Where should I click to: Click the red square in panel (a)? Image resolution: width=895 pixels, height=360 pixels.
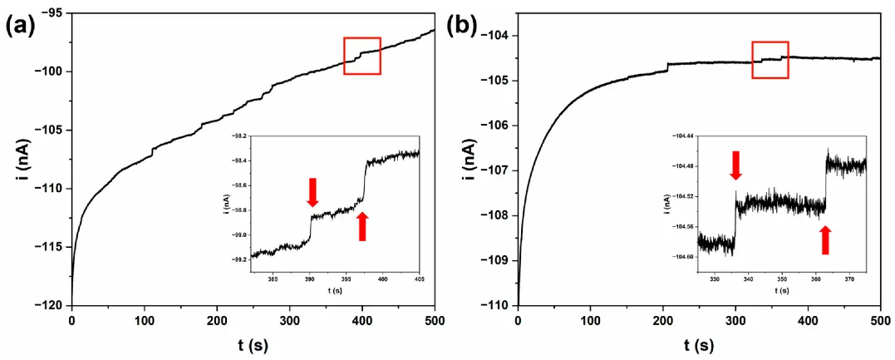point(362,56)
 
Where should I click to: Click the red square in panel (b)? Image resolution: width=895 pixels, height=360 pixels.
point(770,60)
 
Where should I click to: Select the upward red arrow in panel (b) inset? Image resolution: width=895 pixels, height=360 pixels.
point(825,239)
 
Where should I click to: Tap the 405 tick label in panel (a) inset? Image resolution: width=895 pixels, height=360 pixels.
point(419,279)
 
